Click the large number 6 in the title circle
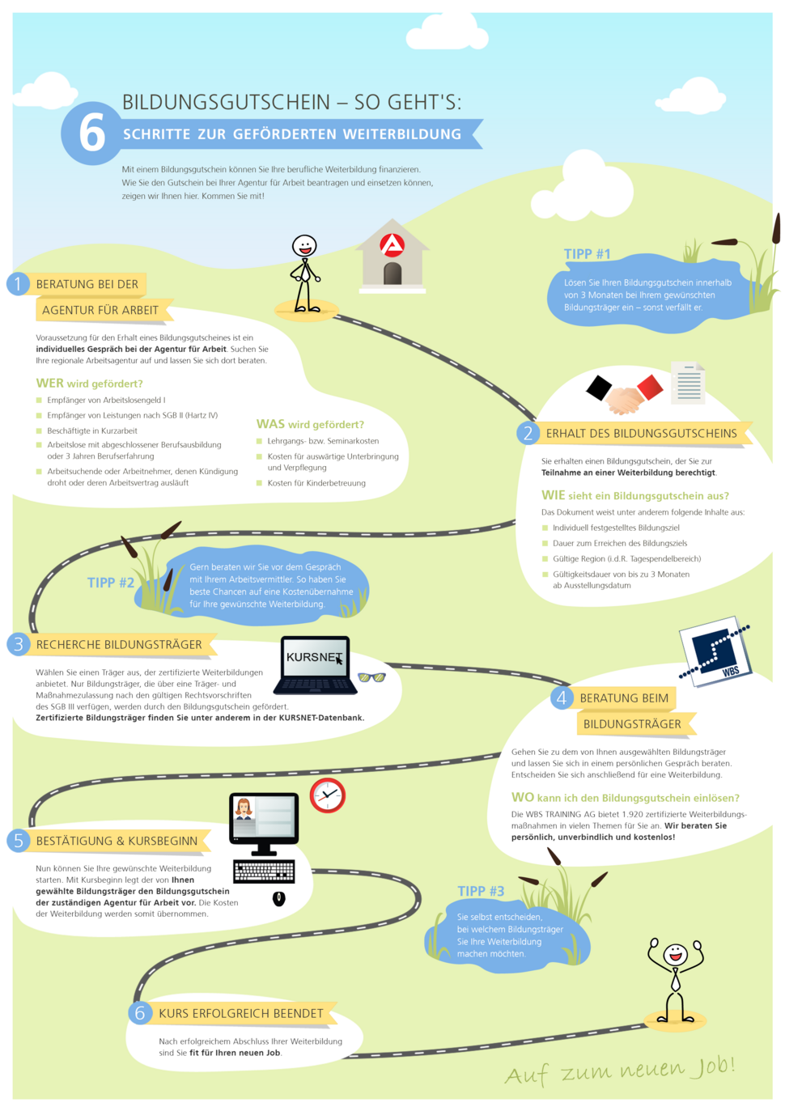point(92,132)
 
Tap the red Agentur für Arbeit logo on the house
point(392,244)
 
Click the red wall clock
point(327,795)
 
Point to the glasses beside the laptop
point(372,677)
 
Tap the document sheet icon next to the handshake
point(688,383)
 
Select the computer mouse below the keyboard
point(279,898)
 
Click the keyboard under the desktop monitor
point(264,871)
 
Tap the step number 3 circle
point(19,644)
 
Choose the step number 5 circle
point(19,840)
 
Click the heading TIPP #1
point(587,254)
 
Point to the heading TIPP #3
point(481,891)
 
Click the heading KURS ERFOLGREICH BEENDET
point(241,1013)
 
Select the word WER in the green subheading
point(49,384)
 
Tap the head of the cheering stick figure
point(676,953)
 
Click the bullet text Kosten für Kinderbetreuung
point(316,483)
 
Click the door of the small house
point(392,274)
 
